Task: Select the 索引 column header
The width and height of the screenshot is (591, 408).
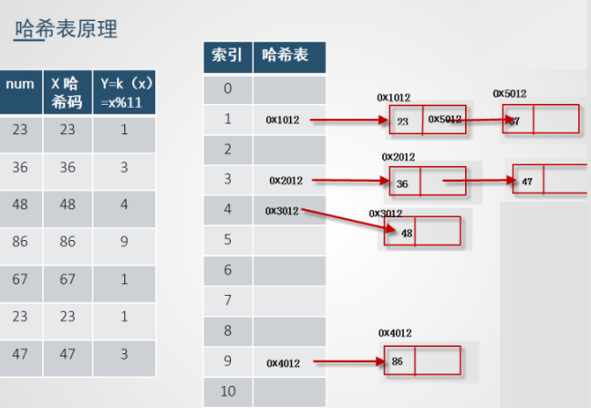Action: click(x=227, y=56)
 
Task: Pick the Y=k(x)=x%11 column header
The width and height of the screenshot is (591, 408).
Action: click(x=124, y=91)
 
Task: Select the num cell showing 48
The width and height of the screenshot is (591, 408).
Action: click(x=20, y=205)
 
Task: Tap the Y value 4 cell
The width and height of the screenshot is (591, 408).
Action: click(x=124, y=205)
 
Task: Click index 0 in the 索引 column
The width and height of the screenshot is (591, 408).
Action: click(x=227, y=89)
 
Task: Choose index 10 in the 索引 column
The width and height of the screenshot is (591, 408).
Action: click(x=227, y=392)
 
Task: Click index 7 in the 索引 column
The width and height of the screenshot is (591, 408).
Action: click(x=227, y=300)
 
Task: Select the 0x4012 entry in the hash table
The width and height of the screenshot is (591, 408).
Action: click(x=285, y=362)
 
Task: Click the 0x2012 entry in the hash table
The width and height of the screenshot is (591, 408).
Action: click(x=285, y=181)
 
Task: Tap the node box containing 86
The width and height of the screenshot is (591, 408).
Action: click(x=427, y=361)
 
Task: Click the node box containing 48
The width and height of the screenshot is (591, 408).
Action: click(x=422, y=232)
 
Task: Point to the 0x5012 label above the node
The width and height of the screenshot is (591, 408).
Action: click(x=509, y=94)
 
